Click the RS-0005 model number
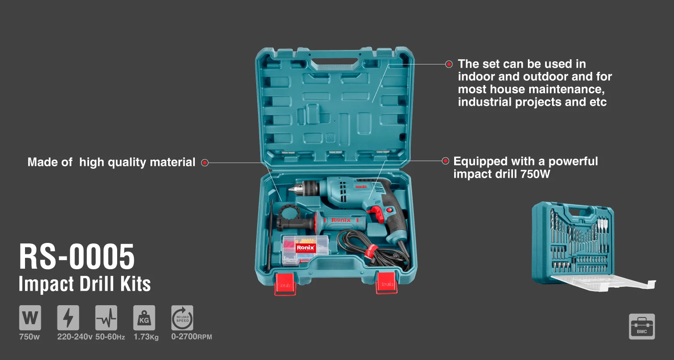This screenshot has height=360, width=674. [x=77, y=257]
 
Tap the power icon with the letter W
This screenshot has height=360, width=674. [x=30, y=318]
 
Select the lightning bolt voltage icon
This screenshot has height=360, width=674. [x=68, y=318]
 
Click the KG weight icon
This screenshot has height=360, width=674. [x=144, y=318]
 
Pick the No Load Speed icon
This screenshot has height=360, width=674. [x=183, y=318]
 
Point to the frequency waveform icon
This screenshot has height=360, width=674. [x=106, y=318]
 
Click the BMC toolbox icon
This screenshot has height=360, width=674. [x=642, y=327]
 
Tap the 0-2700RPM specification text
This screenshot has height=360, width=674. [x=192, y=337]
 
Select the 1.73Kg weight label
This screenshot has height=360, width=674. [x=146, y=337]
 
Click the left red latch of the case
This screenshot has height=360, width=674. [x=285, y=284]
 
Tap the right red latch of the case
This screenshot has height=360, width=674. [x=387, y=283]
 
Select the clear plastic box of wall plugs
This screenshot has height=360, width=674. [x=305, y=250]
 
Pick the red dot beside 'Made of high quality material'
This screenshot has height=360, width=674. [x=205, y=163]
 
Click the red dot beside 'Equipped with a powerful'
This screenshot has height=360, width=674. [x=445, y=161]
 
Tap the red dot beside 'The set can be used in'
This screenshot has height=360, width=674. [x=449, y=64]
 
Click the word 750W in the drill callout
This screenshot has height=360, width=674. [x=535, y=174]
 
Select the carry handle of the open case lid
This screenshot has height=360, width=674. [x=335, y=61]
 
